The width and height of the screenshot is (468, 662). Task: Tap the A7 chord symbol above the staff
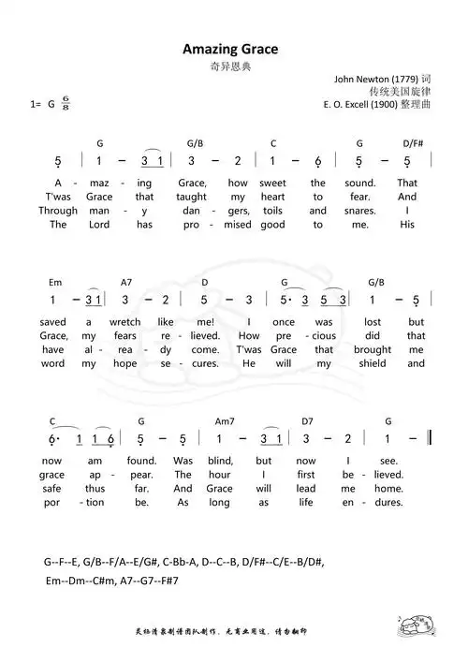click(126, 282)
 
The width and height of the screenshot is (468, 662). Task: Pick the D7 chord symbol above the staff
click(308, 422)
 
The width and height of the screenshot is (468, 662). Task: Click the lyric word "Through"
click(58, 211)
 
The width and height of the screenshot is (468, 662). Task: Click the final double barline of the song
click(429, 438)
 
